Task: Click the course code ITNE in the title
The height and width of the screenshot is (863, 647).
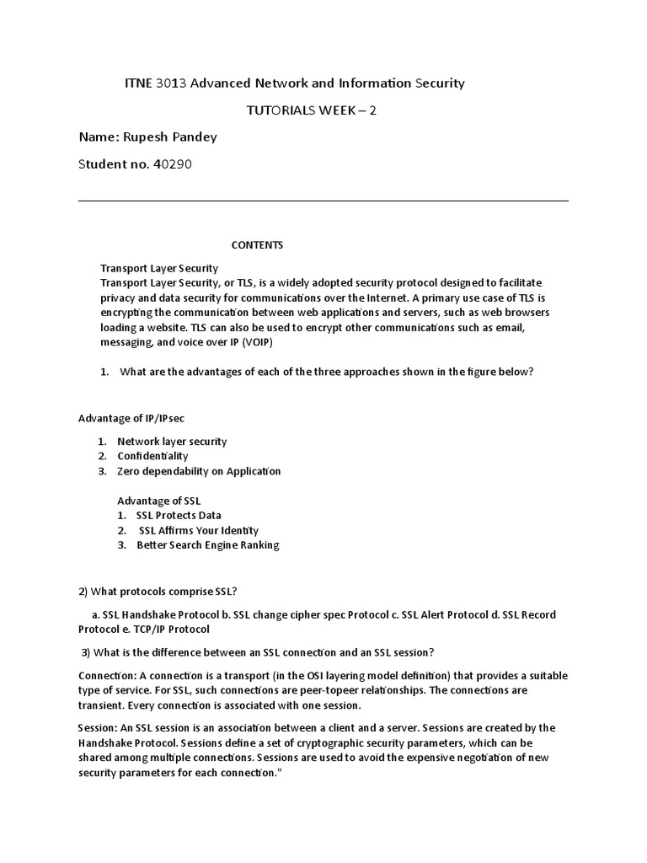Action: click(x=139, y=83)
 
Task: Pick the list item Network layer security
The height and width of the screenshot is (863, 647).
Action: click(x=172, y=441)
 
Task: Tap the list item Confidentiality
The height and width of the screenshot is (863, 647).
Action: click(x=152, y=456)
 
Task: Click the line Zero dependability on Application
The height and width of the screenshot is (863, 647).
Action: click(x=199, y=471)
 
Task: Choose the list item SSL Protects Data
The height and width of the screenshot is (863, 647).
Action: click(x=179, y=515)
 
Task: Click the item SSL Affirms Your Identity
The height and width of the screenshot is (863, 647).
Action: click(x=199, y=530)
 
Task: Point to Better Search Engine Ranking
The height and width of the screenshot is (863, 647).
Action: click(x=207, y=545)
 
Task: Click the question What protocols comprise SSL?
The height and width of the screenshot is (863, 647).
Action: click(x=163, y=590)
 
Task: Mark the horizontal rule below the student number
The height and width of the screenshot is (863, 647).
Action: click(x=323, y=201)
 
